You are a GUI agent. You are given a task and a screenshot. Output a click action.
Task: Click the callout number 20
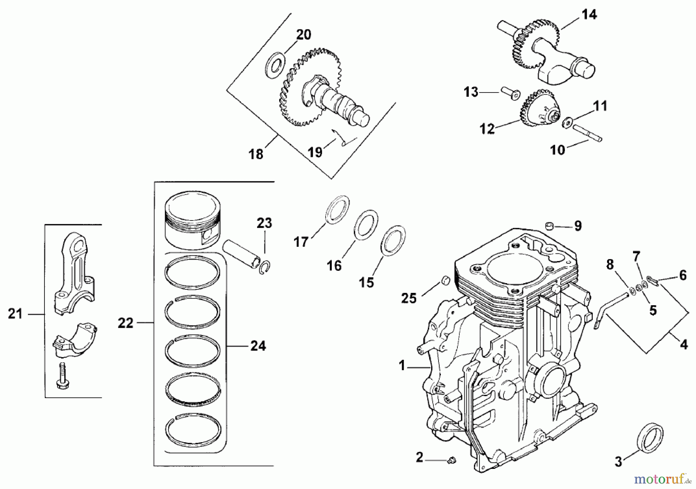tap(304, 35)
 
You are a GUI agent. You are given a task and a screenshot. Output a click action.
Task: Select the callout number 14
tap(589, 15)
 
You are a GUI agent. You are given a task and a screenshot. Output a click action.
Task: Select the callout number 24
tap(258, 346)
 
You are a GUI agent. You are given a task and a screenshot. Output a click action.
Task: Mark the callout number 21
tap(15, 314)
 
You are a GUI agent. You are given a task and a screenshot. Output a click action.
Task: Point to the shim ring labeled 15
tap(394, 240)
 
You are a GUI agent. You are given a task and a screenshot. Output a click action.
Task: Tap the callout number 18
tap(256, 154)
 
